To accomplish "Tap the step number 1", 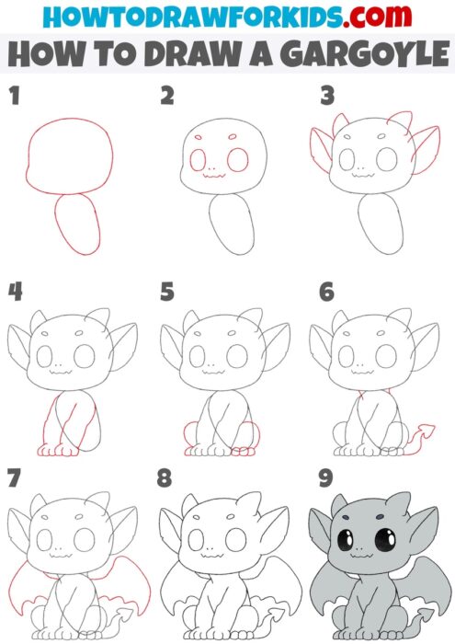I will [14, 96].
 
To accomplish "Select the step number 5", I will [166, 293].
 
